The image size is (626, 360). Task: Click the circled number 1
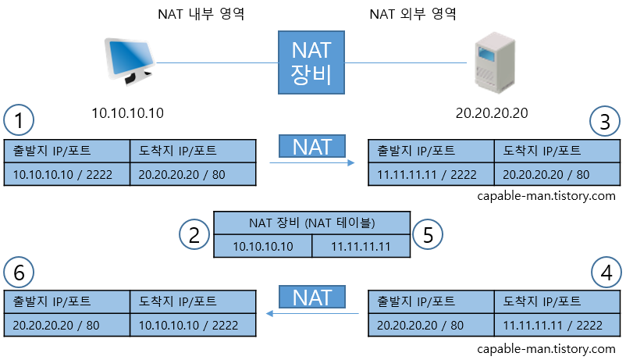[19, 120]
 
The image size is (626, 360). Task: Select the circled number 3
[605, 120]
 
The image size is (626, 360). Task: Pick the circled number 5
[428, 233]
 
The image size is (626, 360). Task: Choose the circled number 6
[19, 273]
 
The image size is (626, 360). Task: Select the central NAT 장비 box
[311, 62]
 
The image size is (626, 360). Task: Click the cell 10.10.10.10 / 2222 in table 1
[66, 175]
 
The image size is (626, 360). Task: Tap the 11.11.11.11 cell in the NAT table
[361, 246]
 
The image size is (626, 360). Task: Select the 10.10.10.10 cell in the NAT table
[263, 246]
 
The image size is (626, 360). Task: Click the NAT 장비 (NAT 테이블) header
[311, 223]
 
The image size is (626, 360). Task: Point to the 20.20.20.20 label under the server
[492, 113]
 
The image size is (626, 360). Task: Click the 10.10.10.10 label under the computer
[127, 113]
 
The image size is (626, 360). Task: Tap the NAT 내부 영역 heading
[201, 14]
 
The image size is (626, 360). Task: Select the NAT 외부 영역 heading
[411, 14]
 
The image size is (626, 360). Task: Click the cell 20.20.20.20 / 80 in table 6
[66, 325]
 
